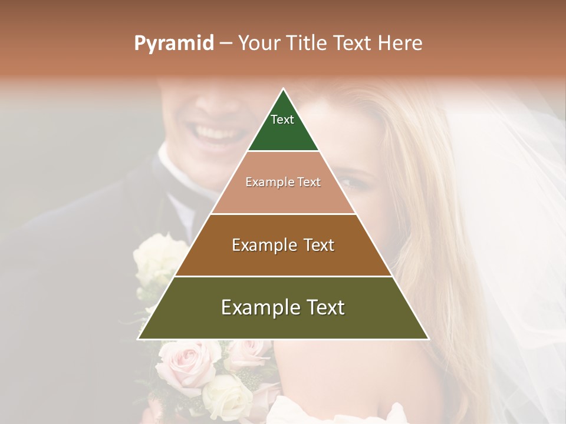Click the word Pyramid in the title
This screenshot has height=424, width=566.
click(x=173, y=44)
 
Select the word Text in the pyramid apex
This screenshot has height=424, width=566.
click(x=282, y=120)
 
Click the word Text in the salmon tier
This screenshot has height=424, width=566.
click(x=309, y=182)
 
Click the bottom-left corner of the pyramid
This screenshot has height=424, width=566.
click(x=139, y=339)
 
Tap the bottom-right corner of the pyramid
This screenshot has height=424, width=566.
click(x=428, y=339)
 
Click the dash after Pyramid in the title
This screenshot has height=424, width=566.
click(x=226, y=44)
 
